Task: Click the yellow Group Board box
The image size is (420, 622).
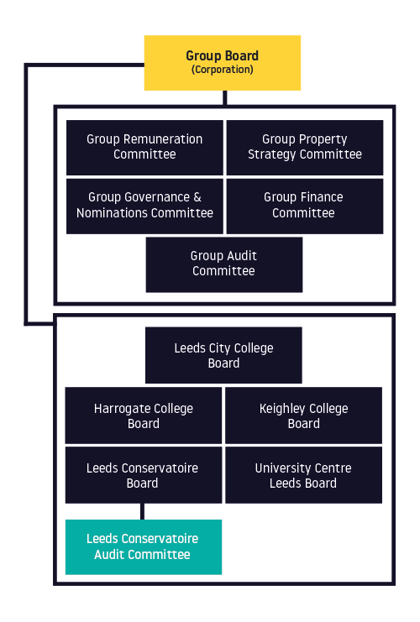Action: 223,63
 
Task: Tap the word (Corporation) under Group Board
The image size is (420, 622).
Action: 223,70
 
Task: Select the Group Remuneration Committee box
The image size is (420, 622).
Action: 144,148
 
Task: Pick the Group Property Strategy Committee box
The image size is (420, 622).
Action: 305,148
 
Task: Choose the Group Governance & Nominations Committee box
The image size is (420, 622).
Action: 144,206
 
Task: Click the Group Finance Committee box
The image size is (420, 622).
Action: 305,206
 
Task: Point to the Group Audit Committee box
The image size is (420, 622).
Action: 224,264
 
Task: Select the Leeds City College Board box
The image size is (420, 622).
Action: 223,355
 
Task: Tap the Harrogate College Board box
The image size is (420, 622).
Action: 144,416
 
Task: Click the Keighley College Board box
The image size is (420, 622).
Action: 304,416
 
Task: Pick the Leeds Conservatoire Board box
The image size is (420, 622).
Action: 144,475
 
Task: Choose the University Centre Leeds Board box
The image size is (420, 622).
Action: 304,475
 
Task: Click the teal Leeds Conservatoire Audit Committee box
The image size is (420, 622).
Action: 144,547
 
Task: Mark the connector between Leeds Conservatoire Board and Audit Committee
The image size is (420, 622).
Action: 142,511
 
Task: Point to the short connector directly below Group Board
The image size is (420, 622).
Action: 224,98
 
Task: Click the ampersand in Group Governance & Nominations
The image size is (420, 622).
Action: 197,197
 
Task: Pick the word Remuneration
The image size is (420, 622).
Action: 163,139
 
